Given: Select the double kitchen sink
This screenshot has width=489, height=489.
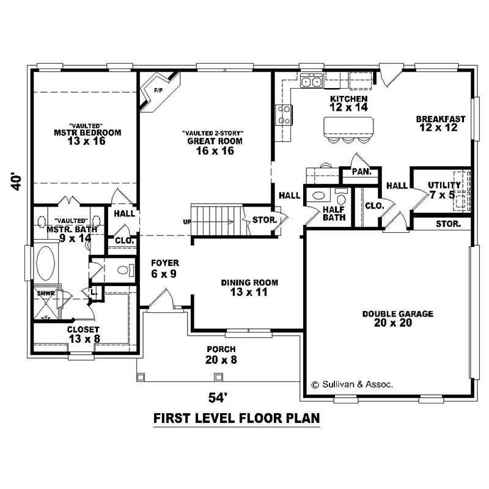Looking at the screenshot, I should pos(312,81).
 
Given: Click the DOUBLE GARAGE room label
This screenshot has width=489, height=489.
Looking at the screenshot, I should pos(397,318).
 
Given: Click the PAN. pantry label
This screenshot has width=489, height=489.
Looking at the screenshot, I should pos(361,172).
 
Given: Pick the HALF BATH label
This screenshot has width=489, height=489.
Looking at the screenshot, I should pos(334,213).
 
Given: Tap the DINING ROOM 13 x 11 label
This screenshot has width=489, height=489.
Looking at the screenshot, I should pos(249,287).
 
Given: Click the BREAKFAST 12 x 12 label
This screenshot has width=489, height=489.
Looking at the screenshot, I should pos(441,123).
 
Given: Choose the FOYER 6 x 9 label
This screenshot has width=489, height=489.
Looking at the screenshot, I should pos(164,268).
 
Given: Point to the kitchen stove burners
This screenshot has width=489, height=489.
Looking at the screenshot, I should pos(284,114).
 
